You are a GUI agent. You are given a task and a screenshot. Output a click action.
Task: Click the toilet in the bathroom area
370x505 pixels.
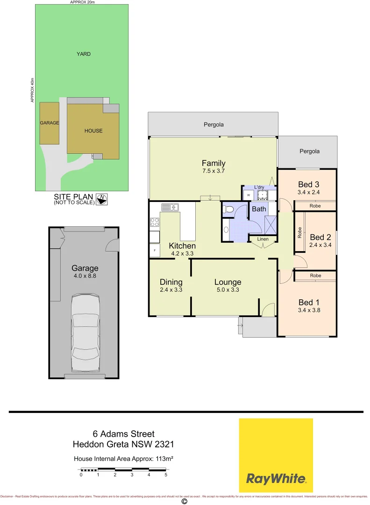pyautogui.click(x=228, y=210)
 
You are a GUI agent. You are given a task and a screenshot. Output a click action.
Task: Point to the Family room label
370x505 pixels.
pyautogui.click(x=213, y=163)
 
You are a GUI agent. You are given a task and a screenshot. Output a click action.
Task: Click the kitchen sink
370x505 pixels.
pyautogui.click(x=171, y=207)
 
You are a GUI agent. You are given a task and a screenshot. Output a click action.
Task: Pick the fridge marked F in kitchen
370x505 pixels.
pyautogui.click(x=155, y=251)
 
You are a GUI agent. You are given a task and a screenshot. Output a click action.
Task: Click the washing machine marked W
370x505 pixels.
pyautogui.click(x=248, y=195)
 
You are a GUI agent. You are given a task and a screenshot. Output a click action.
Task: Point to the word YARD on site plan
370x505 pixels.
pyautogui.click(x=84, y=54)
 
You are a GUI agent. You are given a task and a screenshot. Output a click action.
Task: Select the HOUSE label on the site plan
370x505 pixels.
pyautogui.click(x=93, y=131)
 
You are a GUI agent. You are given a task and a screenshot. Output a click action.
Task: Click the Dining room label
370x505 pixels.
pyautogui.click(x=171, y=282)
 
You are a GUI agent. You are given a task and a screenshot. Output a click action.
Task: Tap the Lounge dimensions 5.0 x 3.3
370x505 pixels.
pyautogui.click(x=228, y=290)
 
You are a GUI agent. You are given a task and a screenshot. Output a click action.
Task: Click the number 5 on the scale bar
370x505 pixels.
pyautogui.click(x=166, y=475)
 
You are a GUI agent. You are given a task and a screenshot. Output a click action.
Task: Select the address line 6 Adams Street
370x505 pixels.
pyautogui.click(x=123, y=434)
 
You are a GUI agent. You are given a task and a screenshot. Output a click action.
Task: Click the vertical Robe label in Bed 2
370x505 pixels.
pyautogui.click(x=299, y=232)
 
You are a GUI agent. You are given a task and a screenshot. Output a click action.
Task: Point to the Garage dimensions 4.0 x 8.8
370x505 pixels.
pyautogui.click(x=85, y=276)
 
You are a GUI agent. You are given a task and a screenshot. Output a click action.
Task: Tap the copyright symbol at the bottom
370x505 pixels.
pyautogui.click(x=184, y=501)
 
